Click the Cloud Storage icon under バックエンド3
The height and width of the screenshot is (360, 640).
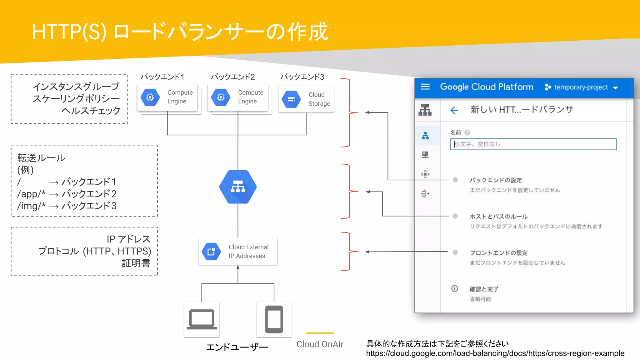coord(291,99)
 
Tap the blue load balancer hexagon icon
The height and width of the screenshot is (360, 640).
coord(238,187)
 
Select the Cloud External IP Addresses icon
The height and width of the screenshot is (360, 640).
coord(212,252)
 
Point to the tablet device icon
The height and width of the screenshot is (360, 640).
coord(274,319)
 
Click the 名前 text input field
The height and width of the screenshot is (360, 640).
coord(533,144)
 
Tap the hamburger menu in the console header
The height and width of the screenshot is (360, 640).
coord(425,87)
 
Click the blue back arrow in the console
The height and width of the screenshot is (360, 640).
coord(454,110)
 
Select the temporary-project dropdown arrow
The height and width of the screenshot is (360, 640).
coord(616,88)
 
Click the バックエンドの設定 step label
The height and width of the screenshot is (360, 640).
coord(496,180)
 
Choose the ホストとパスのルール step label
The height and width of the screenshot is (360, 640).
coord(498,217)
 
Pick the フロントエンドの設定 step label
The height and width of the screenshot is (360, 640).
coord(499,253)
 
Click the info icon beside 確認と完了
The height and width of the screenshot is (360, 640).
coord(455,289)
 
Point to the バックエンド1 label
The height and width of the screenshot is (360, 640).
coord(162,77)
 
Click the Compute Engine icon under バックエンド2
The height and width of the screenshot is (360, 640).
coord(221,97)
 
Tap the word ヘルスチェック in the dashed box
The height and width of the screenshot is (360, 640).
coord(91,111)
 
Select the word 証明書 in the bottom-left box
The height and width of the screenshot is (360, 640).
coord(136,263)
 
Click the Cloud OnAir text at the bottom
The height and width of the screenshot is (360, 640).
coord(320,344)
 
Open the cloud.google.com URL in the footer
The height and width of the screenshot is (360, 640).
coord(495,353)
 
